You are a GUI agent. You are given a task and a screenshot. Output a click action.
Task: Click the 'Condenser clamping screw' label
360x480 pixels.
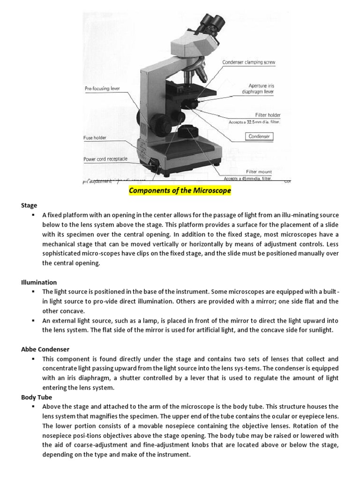pyautogui.click(x=248, y=62)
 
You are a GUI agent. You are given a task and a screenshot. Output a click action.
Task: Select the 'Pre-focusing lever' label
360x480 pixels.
pyautogui.click(x=102, y=88)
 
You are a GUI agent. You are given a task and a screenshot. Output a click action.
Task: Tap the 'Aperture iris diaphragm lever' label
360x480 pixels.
pyautogui.click(x=261, y=89)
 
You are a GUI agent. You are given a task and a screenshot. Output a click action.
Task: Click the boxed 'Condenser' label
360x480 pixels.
pyautogui.click(x=259, y=136)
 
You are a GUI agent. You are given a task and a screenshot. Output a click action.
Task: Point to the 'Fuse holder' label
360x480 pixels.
pyautogui.click(x=95, y=138)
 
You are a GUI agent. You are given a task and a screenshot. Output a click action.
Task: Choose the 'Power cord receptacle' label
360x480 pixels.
pyautogui.click(x=105, y=159)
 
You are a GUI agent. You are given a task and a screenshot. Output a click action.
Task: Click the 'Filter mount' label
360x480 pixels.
pyautogui.click(x=259, y=172)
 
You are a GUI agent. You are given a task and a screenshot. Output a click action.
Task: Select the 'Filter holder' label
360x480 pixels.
pyautogui.click(x=268, y=115)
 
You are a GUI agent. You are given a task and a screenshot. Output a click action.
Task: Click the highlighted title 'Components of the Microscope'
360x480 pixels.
pyautogui.click(x=180, y=191)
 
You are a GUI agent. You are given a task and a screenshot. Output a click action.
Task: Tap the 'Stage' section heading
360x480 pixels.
pyautogui.click(x=29, y=205)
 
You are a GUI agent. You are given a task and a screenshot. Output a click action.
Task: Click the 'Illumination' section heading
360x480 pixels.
pyautogui.click(x=39, y=282)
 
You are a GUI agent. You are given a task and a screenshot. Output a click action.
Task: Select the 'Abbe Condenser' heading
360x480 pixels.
pyautogui.click(x=45, y=349)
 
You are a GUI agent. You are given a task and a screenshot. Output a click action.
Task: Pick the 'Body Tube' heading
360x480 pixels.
pyautogui.click(x=37, y=397)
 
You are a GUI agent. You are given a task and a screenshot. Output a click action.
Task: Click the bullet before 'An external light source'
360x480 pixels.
pyautogui.click(x=34, y=321)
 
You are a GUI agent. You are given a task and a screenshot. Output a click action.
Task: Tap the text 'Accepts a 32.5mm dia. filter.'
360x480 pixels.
pyautogui.click(x=255, y=122)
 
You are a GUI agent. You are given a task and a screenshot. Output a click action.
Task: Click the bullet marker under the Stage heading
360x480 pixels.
pyautogui.click(x=34, y=215)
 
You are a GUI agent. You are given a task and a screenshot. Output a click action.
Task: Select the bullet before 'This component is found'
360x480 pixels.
pyautogui.click(x=34, y=359)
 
